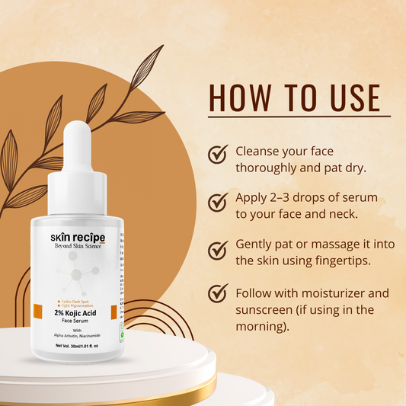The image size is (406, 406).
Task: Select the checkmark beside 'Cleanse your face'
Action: [x=219, y=155]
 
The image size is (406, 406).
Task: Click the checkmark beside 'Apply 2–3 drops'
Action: [x=219, y=202]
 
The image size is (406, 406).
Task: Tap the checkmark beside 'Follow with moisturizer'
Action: [x=219, y=293]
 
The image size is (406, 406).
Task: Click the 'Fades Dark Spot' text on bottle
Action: [x=74, y=302]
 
